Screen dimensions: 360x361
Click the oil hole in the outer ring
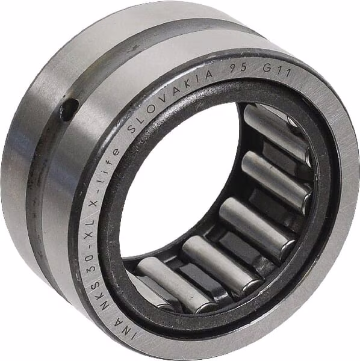(x=70, y=110)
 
